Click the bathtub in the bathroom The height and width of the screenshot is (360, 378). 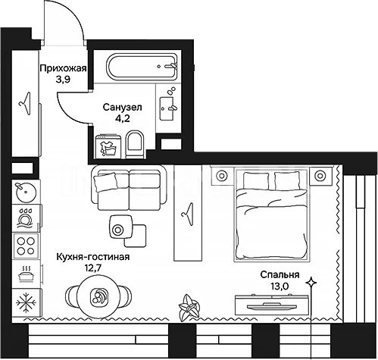coord(142,67)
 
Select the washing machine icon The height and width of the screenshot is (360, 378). coord(108,147)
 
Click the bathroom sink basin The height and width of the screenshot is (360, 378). coord(167,108)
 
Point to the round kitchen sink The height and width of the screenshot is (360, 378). coord(26,192)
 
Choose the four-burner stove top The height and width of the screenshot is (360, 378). coord(26,246)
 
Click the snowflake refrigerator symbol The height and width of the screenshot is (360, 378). coord(26,302)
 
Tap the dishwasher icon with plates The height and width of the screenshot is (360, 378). coord(25,218)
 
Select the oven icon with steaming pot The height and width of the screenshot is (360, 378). coord(26,273)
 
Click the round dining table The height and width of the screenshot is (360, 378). coord(98,296)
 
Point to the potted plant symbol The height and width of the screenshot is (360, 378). coord(189,308)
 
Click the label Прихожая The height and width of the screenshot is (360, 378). coord(64,68)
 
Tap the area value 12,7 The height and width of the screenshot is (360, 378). coord(92,268)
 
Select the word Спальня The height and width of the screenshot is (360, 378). coord(280,274)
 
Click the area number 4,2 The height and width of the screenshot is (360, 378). coord(123,118)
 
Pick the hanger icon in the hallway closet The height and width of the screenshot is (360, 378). coord(25,104)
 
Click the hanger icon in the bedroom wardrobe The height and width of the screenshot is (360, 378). coord(187,214)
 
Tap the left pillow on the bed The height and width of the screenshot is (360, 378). coord(256,180)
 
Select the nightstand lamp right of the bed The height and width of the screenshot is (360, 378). coord(320,175)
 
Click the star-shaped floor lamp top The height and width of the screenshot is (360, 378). coord(311,282)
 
